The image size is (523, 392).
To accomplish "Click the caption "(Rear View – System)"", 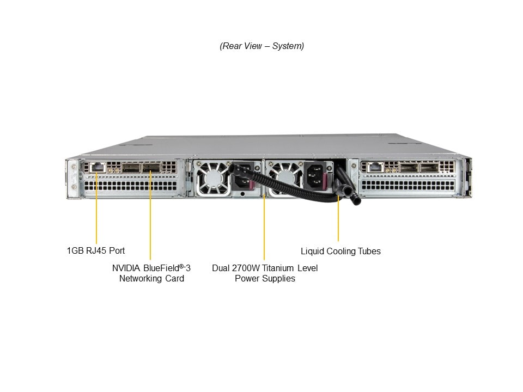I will [x=261, y=46].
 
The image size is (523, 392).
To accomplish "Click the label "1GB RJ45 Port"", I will [x=96, y=251].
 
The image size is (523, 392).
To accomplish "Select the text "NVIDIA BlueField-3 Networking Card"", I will [x=151, y=273].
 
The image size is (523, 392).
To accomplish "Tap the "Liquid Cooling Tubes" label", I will [x=340, y=252].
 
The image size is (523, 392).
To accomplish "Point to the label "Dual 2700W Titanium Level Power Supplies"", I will [x=265, y=273].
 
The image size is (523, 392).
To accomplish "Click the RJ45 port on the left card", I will [x=98, y=167].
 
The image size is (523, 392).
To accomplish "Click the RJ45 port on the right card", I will [x=375, y=167].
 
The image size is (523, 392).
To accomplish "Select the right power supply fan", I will [x=283, y=177].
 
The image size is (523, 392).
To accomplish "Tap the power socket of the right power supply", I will [x=317, y=175].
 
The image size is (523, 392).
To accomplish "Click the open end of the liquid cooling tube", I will [x=357, y=201].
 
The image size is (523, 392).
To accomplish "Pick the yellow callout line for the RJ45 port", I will [x=96, y=210].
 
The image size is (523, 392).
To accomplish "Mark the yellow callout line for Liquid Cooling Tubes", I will [x=338, y=218].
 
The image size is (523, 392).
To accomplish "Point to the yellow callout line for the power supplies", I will [x=264, y=226].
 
